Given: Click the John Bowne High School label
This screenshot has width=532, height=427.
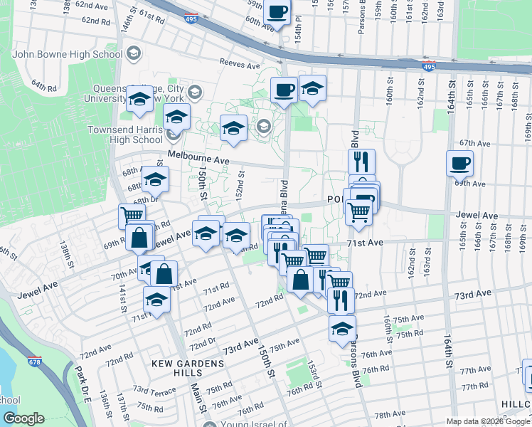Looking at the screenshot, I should click(67, 54).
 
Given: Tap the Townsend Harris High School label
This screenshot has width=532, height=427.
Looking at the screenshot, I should click(125, 135).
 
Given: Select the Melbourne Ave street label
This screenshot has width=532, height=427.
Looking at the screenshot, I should click(198, 157).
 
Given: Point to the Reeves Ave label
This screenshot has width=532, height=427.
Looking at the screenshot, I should click(240, 64).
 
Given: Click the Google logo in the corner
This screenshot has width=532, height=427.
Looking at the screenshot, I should click(23, 418).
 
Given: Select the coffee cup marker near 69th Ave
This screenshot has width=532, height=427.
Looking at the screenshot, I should click(459, 163).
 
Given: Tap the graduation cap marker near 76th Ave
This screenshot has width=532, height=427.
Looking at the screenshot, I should click(342, 328).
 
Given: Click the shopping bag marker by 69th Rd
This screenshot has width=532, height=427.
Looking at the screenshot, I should click(139, 238).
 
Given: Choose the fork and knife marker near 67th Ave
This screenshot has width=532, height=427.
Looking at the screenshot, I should click(361, 162).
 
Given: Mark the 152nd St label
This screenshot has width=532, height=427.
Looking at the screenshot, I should click(242, 184).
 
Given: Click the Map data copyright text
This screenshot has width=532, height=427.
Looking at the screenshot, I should click(489, 421).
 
